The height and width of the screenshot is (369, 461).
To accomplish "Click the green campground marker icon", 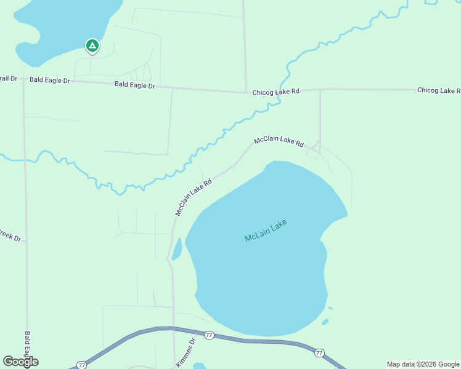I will (92, 46).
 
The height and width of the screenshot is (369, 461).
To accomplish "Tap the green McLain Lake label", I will (266, 230).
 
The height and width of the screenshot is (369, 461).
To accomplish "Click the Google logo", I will (20, 362).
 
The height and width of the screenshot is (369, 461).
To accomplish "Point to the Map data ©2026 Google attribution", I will (423, 364).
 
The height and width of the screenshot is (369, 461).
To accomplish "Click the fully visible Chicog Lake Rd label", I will (275, 92).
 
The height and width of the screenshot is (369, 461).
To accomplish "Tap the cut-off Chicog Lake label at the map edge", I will (438, 90).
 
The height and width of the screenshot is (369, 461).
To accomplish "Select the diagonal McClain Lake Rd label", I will (194, 197).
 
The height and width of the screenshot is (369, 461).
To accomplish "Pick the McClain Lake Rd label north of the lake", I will (279, 141).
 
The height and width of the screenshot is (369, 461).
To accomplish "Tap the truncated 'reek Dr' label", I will (10, 235).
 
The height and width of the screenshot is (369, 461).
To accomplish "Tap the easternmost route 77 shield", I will (319, 352).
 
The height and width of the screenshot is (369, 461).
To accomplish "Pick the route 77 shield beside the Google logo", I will (81, 365).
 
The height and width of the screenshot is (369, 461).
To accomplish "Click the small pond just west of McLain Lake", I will (177, 248).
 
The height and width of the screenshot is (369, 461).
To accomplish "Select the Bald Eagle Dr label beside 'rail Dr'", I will (50, 81).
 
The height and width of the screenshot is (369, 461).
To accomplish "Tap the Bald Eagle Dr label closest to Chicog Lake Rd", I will (134, 85).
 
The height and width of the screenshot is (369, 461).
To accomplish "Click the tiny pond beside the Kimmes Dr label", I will (200, 366).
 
